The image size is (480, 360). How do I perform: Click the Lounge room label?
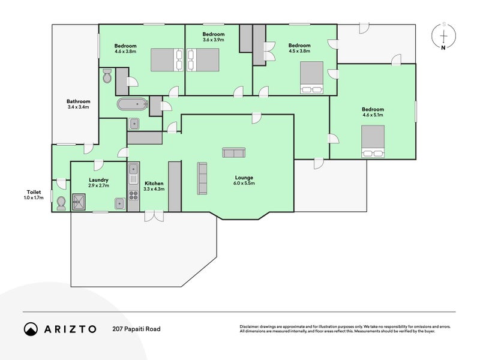tap(244, 178)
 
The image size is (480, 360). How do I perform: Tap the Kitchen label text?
tap(154, 184)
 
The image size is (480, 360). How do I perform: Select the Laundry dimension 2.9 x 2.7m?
tap(98, 185)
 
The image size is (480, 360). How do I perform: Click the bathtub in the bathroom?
tap(133, 104)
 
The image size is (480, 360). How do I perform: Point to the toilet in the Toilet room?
tap(61, 203)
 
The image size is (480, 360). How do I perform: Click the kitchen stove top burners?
tap(133, 195)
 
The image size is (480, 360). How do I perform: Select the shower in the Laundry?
tap(79, 202)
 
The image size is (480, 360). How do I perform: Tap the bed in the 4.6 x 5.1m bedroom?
tap(373, 141)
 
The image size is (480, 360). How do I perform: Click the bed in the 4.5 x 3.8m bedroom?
tap(311, 77)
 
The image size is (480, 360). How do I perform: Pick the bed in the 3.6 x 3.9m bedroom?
tap(203, 59)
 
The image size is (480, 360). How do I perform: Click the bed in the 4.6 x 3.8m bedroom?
tap(167, 59)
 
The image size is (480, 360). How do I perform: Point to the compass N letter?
tap(443, 47)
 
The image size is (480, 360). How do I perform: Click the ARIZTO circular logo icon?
tap(31, 329)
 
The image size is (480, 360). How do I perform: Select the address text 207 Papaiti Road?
tap(136, 329)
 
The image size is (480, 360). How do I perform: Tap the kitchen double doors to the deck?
tap(154, 216)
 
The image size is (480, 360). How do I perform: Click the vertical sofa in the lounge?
tap(202, 178)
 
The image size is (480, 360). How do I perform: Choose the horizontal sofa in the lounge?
tap(234, 152)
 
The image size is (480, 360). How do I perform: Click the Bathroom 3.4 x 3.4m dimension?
tap(79, 107)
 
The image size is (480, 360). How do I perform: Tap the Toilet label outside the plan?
tap(34, 192)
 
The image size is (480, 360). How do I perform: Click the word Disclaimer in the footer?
tap(249, 327)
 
